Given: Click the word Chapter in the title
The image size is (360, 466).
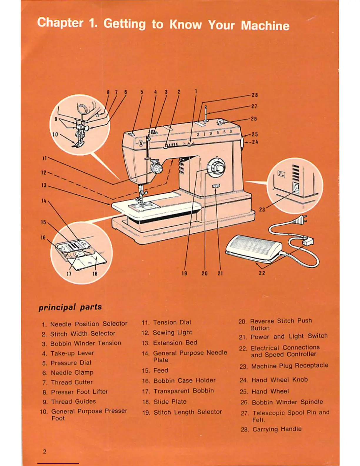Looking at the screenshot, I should tap(60, 23).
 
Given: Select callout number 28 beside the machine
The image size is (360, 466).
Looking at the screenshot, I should tap(254, 95).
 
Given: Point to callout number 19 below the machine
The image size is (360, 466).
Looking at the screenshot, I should tap(184, 273).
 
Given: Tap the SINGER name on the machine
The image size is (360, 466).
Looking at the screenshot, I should tap(215, 133).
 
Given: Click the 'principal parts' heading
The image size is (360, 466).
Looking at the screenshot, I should tap(70, 307).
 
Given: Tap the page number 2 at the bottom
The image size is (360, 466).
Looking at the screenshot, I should tap(45, 452).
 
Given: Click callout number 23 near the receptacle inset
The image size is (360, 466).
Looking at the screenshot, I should tap(262, 209).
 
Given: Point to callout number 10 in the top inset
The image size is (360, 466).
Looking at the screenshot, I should tap(55, 134).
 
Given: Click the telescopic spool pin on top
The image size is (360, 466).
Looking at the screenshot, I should tap(206, 113).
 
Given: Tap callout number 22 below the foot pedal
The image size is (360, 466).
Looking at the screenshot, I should tap(262, 273).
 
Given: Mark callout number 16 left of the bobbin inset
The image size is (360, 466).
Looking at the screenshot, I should tap(43, 237).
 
